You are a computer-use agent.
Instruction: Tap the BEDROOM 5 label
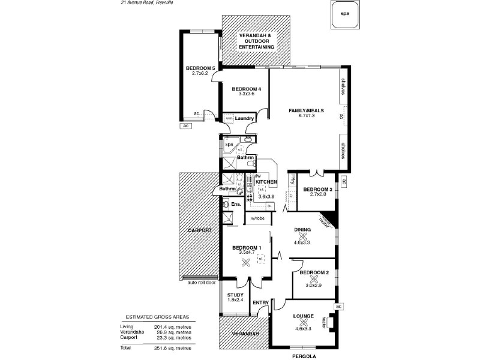click(200, 68)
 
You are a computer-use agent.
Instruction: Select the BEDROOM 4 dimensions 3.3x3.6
click(246, 94)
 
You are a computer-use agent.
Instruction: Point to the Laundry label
click(244, 119)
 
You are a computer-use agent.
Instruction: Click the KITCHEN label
click(266, 181)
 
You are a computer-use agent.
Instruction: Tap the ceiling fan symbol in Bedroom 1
click(244, 262)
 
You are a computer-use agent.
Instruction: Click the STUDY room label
click(235, 295)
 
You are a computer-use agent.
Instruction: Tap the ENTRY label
click(260, 302)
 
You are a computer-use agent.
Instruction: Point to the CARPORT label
click(199, 230)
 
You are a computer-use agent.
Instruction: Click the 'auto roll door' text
click(201, 282)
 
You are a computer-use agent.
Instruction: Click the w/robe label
click(258, 218)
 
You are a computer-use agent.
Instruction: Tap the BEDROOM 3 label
click(317, 189)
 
